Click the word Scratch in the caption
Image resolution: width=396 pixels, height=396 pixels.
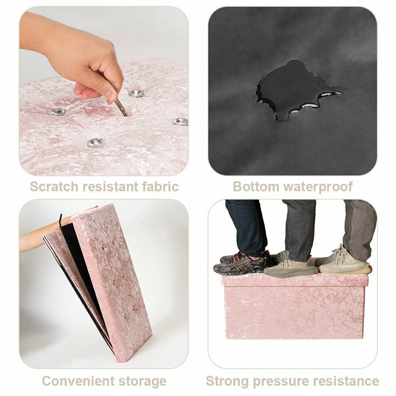(54, 187)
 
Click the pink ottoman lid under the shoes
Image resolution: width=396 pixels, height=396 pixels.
(295, 280)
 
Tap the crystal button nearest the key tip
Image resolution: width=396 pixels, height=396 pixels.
(136, 93)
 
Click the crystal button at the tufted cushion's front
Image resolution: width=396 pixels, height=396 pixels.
(96, 143)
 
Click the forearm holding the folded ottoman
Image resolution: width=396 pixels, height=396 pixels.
(33, 241)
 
